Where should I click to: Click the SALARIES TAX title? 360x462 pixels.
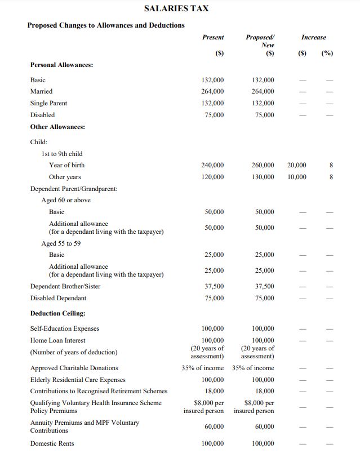point(176,8)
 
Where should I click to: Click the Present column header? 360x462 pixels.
point(212,37)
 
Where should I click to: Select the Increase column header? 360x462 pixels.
point(313,37)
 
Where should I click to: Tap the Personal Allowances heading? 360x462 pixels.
point(61,65)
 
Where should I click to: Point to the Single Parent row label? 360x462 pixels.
point(48,103)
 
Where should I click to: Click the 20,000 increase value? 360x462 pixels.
point(297,165)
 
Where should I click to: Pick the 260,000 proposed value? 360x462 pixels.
point(263,165)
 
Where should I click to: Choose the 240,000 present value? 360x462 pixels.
point(212,165)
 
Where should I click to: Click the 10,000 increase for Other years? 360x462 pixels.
point(297,177)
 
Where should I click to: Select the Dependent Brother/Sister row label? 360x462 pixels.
point(65,286)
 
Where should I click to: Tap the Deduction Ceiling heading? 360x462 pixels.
point(57,313)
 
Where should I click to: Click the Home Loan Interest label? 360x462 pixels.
point(57,340)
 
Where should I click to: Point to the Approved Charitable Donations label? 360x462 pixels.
point(74,368)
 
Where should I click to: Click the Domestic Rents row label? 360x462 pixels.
point(52,443)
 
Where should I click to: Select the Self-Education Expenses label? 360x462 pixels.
point(64,328)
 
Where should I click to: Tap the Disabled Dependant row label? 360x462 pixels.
point(58,298)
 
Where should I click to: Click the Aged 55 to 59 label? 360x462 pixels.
point(61,243)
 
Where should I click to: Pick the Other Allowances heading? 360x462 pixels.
point(57,127)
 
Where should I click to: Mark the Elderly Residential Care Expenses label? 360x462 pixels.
point(78,380)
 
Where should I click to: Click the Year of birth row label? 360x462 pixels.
point(66,165)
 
